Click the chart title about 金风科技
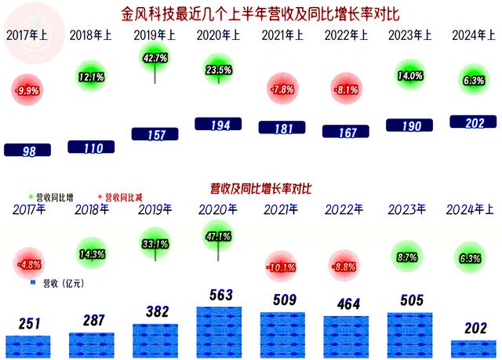point(252,13)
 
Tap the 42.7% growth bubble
point(155,58)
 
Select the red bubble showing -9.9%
point(27,90)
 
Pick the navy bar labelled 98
point(28,151)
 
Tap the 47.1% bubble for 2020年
point(217,235)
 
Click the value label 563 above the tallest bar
point(218,295)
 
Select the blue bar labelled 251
point(28,346)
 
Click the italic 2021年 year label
point(280,209)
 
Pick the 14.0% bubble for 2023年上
point(409,76)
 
